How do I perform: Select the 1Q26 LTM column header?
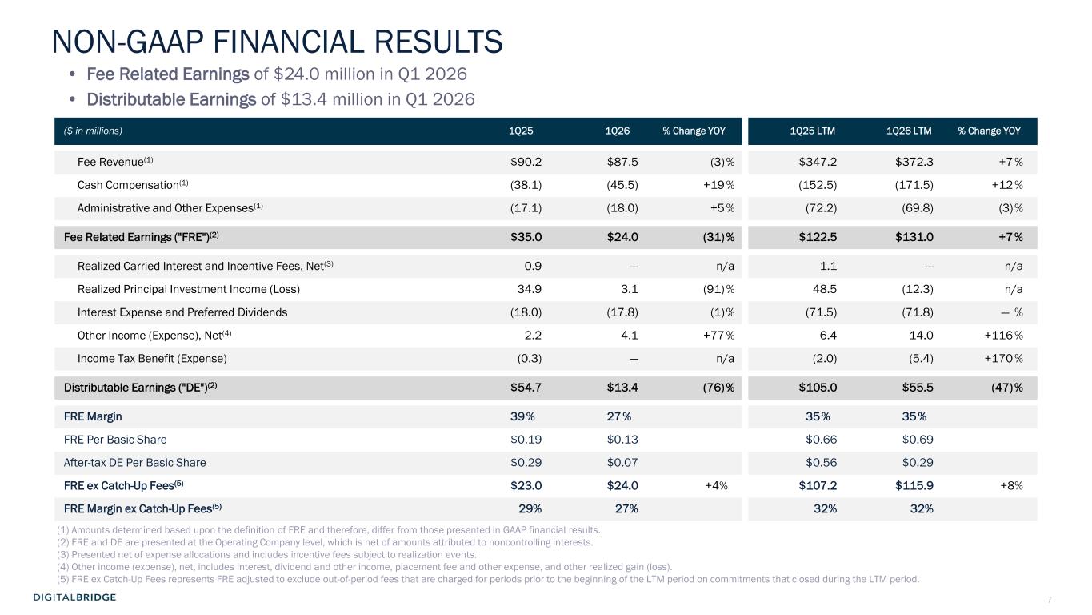click(x=909, y=131)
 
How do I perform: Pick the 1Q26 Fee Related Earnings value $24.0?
click(x=622, y=237)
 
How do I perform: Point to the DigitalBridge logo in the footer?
click(x=75, y=597)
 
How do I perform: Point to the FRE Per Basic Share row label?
click(x=115, y=440)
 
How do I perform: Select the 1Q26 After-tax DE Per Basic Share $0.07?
click(x=622, y=463)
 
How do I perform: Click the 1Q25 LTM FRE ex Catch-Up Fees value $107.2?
click(x=818, y=485)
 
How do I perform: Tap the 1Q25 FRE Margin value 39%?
click(x=523, y=416)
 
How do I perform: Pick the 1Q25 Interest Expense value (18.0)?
click(x=526, y=312)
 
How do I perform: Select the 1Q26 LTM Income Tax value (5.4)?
click(x=916, y=358)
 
